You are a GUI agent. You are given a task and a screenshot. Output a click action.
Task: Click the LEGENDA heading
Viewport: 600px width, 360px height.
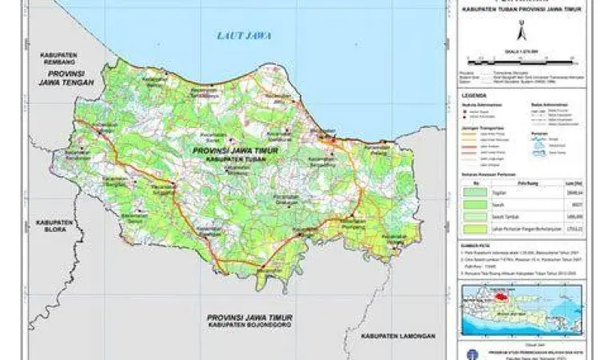pos(471,95)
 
